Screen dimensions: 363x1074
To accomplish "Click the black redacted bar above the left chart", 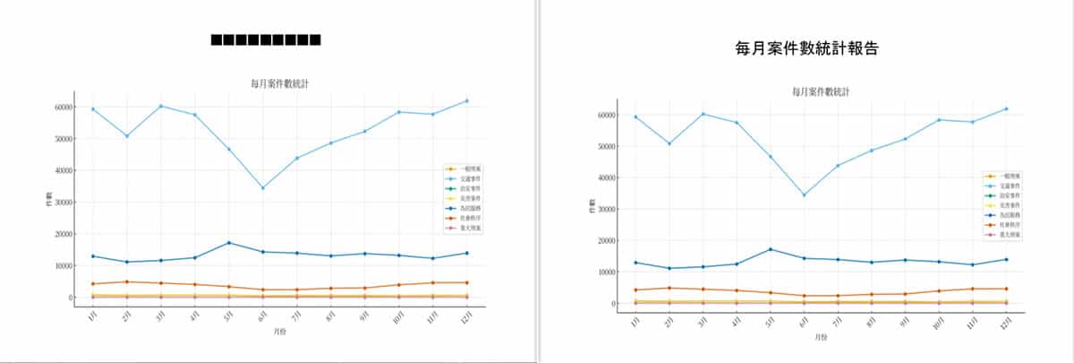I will (266, 40).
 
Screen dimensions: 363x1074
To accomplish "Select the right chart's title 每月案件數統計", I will (821, 91).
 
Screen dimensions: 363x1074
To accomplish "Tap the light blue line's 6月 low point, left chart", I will (262, 187).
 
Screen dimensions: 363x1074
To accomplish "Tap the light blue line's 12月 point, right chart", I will (1006, 108).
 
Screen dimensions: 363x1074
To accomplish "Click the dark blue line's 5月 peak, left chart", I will (229, 243).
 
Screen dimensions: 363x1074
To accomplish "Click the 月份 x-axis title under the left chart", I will (280, 332).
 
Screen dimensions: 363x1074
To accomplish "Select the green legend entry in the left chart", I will (463, 188).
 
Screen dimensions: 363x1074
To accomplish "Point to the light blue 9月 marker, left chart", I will (364, 131).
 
